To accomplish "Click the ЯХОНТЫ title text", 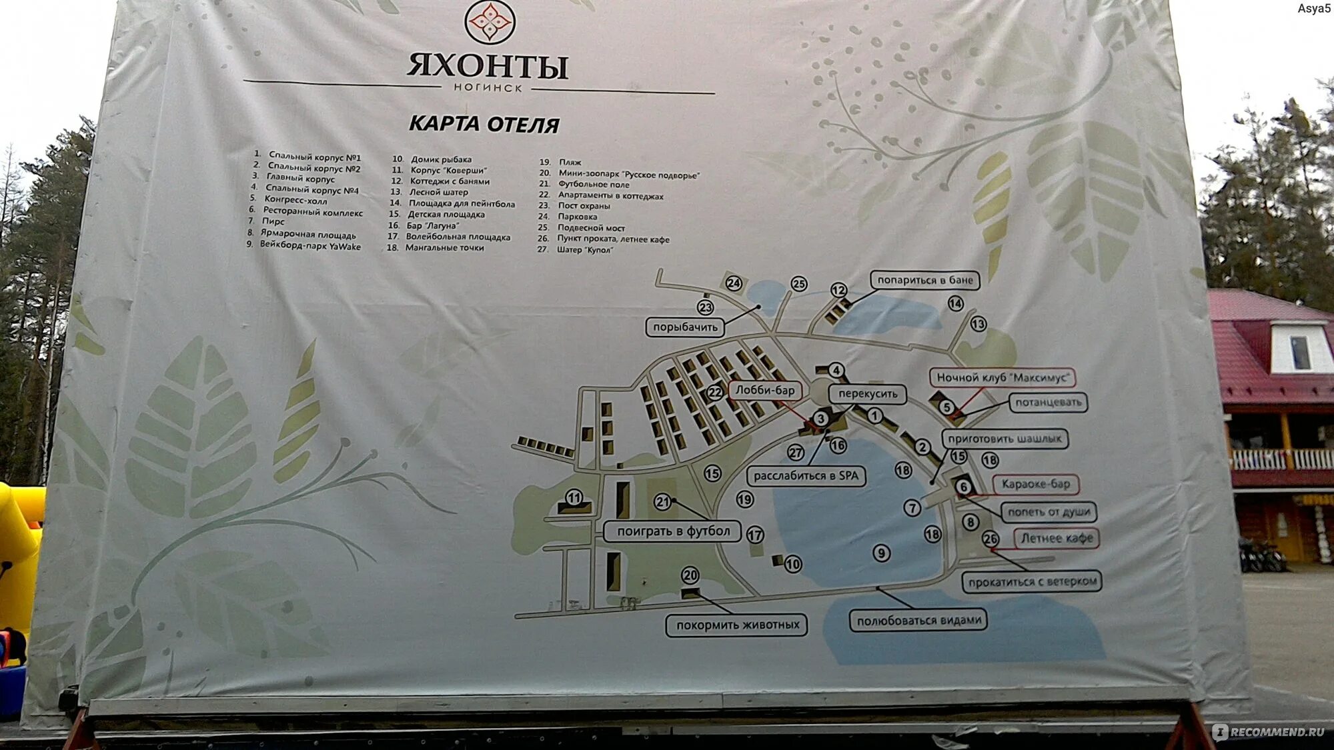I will (x=488, y=66).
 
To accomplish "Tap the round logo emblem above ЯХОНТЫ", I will (x=489, y=22).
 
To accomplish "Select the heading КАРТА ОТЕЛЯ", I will (x=484, y=124).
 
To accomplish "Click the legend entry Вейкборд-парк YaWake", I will (x=309, y=246).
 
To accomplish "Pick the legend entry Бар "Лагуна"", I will (x=432, y=225).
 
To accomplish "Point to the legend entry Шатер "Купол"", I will (x=584, y=250).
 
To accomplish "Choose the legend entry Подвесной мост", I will (x=590, y=227).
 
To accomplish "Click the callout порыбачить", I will (x=685, y=327).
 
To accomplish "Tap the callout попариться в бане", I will (x=924, y=280).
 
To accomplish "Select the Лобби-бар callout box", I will (x=764, y=390).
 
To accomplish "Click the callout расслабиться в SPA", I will (x=806, y=476).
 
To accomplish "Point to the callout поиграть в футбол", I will (x=673, y=531).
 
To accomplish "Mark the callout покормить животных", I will (x=737, y=625).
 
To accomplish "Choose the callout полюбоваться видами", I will (x=918, y=621).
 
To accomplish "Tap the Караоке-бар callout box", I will (x=1035, y=484).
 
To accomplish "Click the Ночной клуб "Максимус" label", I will (x=1002, y=377).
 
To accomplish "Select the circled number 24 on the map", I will (x=734, y=283).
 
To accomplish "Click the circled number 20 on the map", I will (x=690, y=575).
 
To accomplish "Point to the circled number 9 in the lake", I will (x=881, y=553).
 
